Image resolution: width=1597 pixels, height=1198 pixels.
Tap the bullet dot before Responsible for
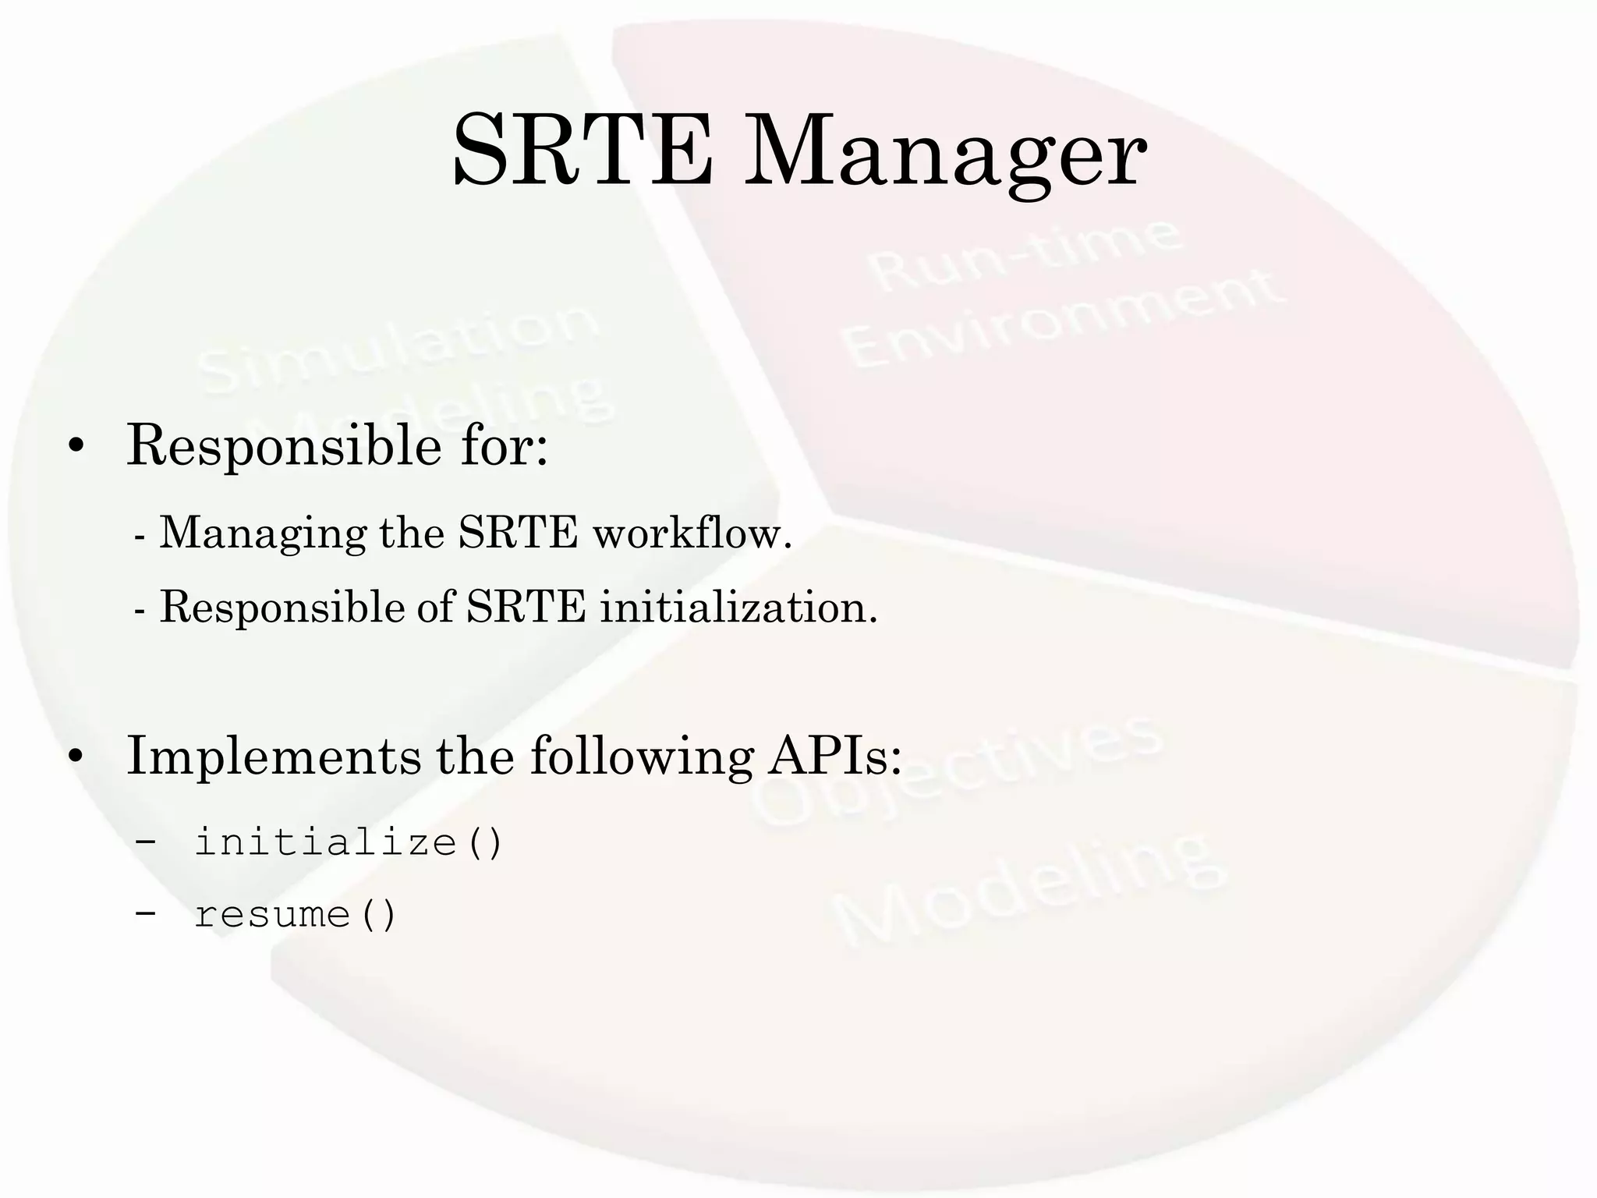(x=76, y=447)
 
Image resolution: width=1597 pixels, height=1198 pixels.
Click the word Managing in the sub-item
(x=263, y=535)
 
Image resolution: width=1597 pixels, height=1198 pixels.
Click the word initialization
(x=738, y=607)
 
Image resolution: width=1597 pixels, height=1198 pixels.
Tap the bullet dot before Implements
(x=76, y=757)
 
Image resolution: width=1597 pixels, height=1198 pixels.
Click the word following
(x=641, y=757)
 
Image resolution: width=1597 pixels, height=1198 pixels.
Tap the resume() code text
(x=296, y=914)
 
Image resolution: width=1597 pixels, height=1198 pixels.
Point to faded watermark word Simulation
(x=398, y=349)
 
